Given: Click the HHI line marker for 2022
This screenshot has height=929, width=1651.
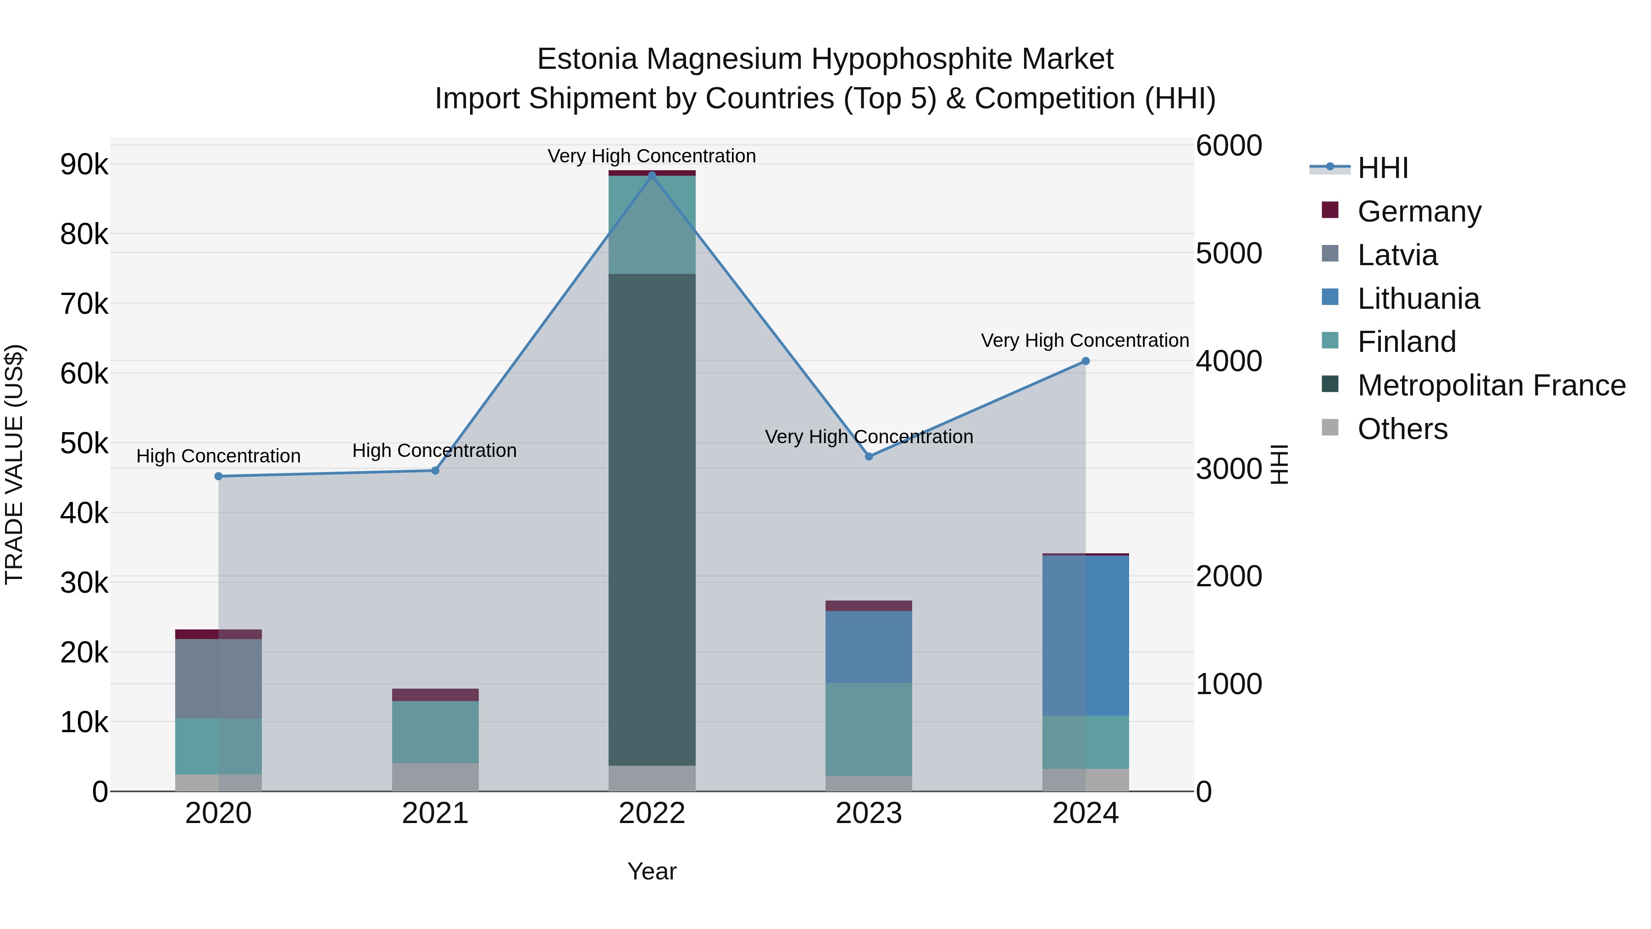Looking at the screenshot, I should [652, 175].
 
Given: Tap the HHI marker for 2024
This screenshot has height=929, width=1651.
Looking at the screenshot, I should [1085, 361].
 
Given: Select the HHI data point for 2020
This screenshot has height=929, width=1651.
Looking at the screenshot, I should [219, 476].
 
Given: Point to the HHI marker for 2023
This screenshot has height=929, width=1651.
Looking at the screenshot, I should [869, 456].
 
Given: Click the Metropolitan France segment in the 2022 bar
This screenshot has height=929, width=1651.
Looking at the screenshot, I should [652, 519].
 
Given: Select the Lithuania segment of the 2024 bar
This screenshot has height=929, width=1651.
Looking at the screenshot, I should [1085, 635].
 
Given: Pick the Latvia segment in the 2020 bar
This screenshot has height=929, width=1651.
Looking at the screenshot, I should [219, 679].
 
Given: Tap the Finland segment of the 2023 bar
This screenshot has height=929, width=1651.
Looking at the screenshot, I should [869, 729].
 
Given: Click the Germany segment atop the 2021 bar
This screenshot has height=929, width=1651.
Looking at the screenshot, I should [435, 695].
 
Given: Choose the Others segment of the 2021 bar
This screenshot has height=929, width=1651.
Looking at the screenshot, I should [435, 777].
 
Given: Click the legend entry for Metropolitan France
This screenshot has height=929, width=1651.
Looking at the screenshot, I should [1491, 385].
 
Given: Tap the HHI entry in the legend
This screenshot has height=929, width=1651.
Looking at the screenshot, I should [1382, 168].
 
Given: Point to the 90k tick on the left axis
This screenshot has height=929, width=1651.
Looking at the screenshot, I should [84, 165].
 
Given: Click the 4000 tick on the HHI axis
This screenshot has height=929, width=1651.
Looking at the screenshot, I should [1229, 361].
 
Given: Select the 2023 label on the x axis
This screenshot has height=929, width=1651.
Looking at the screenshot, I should [869, 813].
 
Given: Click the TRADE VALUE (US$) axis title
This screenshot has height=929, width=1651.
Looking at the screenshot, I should [14, 464].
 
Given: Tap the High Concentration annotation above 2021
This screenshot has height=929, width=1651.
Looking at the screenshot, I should [435, 451].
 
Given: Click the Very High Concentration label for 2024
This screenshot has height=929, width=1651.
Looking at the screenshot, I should [1085, 340].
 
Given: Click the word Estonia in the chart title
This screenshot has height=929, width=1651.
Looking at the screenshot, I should [587, 59].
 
